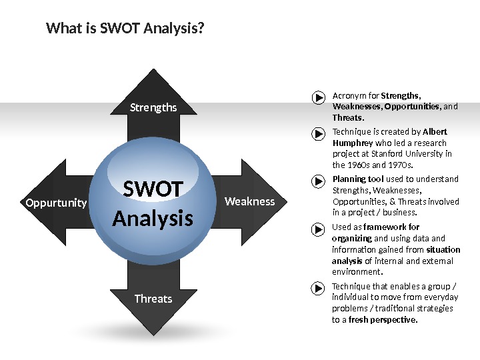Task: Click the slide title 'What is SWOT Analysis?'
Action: pyautogui.click(x=125, y=29)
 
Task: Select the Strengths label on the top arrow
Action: pyautogui.click(x=153, y=107)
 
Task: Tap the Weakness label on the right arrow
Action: pyautogui.click(x=249, y=201)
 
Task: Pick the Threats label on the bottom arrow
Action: pyautogui.click(x=153, y=299)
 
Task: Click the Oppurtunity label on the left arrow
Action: pyautogui.click(x=56, y=203)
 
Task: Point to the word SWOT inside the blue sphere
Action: pyautogui.click(x=153, y=190)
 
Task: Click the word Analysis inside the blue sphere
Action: pyautogui.click(x=153, y=218)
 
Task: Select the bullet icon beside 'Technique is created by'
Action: pyautogui.click(x=318, y=135)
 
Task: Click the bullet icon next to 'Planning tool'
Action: pyautogui.click(x=318, y=183)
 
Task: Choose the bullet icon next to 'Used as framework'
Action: pyautogui.click(x=318, y=231)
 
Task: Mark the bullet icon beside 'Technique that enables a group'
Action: pyautogui.click(x=318, y=290)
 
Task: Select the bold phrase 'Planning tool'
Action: pyautogui.click(x=358, y=179)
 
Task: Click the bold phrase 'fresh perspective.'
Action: pyautogui.click(x=383, y=320)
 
